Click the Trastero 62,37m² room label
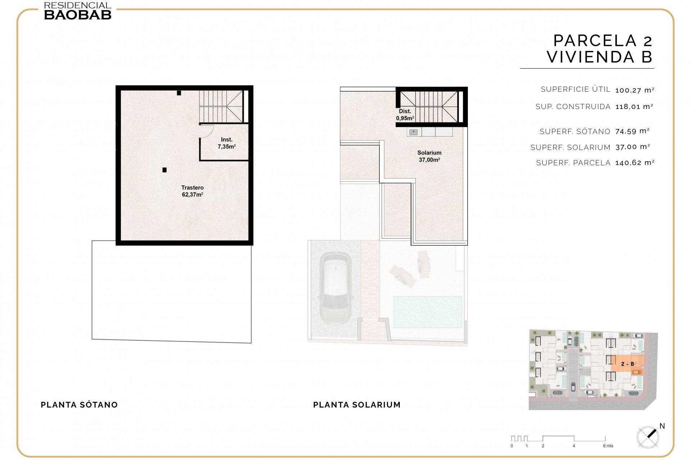[192, 191]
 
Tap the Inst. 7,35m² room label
[226, 143]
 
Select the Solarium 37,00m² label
[429, 156]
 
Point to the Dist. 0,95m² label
[405, 115]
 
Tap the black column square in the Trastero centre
[164, 170]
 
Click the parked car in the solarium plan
[335, 288]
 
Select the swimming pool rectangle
[428, 312]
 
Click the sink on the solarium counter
[414, 132]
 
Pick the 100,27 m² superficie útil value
[634, 90]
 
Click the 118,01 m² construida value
[634, 107]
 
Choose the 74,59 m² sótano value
[632, 131]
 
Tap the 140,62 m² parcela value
[634, 163]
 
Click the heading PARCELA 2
[602, 41]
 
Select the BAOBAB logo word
[78, 15]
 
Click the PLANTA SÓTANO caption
[79, 405]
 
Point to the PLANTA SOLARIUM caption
[357, 405]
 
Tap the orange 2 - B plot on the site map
[627, 364]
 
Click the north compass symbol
[648, 437]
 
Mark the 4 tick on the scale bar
[574, 446]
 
